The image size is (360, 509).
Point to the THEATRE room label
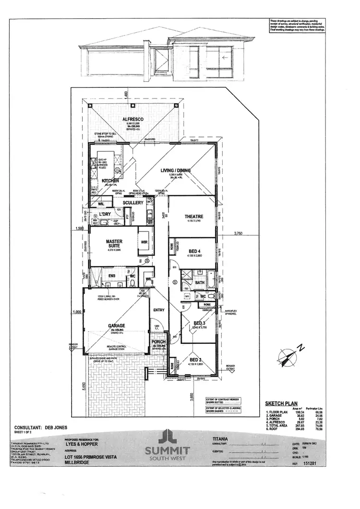[x=194, y=217]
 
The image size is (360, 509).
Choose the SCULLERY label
[x=133, y=203]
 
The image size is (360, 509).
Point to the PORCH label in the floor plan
[x=158, y=342]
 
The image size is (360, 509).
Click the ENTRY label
[x=158, y=310]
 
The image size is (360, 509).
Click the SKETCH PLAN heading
[x=281, y=404]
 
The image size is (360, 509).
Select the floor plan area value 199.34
[x=301, y=412]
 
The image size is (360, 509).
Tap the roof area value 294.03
[x=301, y=429]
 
